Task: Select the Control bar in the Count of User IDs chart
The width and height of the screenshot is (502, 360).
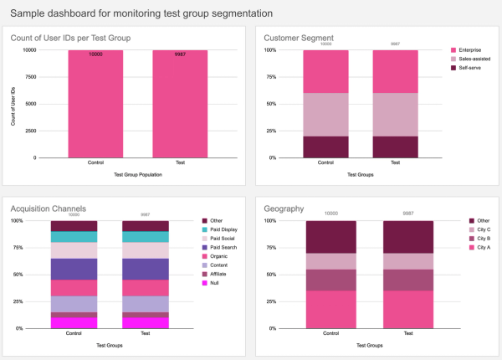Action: coord(95,104)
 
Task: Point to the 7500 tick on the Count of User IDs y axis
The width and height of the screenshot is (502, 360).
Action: coord(29,77)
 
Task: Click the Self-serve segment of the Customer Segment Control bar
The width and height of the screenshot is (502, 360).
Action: coord(319,147)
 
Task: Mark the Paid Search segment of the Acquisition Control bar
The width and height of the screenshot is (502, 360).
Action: coord(74,268)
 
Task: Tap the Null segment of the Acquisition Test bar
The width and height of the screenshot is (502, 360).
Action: coord(146,322)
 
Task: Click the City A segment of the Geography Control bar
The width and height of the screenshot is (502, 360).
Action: coord(331,309)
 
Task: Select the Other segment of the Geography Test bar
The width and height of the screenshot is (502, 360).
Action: coord(408,236)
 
